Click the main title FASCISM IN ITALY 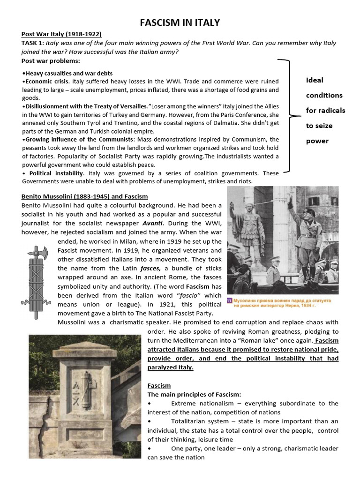pyautogui.click(x=180, y=22)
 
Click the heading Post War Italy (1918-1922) pyautogui.click(x=61, y=34)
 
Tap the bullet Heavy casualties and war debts pyautogui.click(x=68, y=73)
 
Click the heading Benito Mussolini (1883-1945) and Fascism pyautogui.click(x=84, y=196)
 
